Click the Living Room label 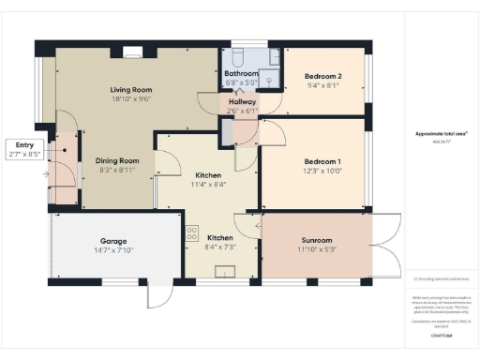click(131, 90)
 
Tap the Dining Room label click(116, 160)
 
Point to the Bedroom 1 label click(321, 162)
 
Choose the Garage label click(114, 241)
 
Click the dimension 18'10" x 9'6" click(131, 98)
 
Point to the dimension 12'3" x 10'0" click(321, 171)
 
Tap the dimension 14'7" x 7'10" click(114, 249)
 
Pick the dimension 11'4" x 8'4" click(208, 184)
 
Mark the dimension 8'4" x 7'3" click(221, 247)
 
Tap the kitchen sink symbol click(224, 273)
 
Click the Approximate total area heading click(442, 133)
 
